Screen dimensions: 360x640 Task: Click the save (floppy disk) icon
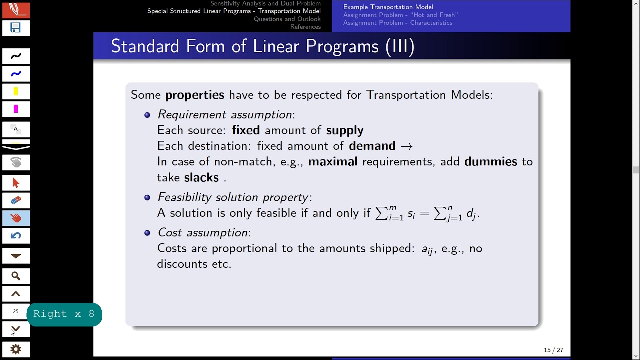coord(16,28)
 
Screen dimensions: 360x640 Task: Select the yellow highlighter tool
coord(16,91)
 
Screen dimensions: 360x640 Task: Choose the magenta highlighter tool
coord(16,109)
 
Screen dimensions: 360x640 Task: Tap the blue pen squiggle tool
coord(16,74)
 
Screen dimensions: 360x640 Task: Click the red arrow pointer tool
coord(16,183)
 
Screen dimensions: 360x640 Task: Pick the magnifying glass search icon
coord(16,276)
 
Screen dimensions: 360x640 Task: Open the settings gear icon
coord(16,349)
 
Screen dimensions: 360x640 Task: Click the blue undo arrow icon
coord(16,236)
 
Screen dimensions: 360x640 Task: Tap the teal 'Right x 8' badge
coord(64,314)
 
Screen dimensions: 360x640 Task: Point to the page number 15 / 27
coord(553,350)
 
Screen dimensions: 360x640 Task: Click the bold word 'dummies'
coord(490,162)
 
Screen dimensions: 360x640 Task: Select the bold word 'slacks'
coord(201,178)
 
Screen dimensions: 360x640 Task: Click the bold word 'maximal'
coord(332,162)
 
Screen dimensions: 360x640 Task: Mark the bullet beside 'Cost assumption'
coord(147,233)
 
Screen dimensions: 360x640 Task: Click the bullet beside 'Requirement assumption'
coord(147,115)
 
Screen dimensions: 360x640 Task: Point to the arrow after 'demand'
coord(406,146)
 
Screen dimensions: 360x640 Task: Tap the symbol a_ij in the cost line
coord(427,249)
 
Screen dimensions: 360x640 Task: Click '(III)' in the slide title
coord(400,46)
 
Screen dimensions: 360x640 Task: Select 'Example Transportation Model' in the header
coord(388,7)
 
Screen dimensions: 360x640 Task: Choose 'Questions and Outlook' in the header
coord(287,19)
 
